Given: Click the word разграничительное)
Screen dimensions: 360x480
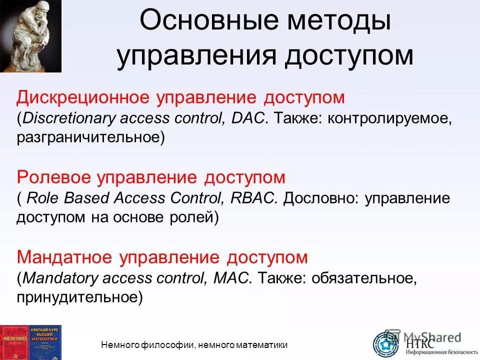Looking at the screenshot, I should [90, 137].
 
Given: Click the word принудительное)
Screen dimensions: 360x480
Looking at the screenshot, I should [79, 297].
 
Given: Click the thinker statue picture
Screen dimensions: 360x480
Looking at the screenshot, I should [30, 35].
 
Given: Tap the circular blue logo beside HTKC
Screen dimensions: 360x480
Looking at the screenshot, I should [386, 343].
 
